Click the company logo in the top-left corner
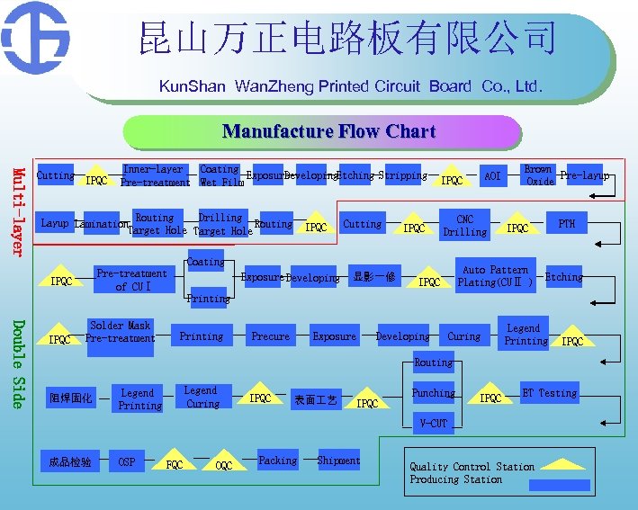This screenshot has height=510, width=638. (36, 39)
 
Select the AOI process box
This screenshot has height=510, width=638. (491, 176)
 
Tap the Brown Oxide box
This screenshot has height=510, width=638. (538, 174)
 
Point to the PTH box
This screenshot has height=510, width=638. (566, 224)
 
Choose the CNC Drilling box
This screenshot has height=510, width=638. (464, 225)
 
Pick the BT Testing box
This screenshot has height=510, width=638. (549, 393)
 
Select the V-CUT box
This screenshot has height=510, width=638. (433, 423)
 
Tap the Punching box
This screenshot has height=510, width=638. (433, 393)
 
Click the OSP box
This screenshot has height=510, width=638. (127, 461)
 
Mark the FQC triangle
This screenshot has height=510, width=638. (175, 462)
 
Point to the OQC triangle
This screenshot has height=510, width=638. (224, 463)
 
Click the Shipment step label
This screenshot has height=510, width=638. (338, 461)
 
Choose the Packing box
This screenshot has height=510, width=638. (277, 460)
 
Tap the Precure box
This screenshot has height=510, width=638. (270, 336)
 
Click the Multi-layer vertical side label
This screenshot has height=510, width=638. (17, 210)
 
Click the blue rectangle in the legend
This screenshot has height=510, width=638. (559, 485)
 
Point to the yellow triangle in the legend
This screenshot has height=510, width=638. (562, 465)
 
